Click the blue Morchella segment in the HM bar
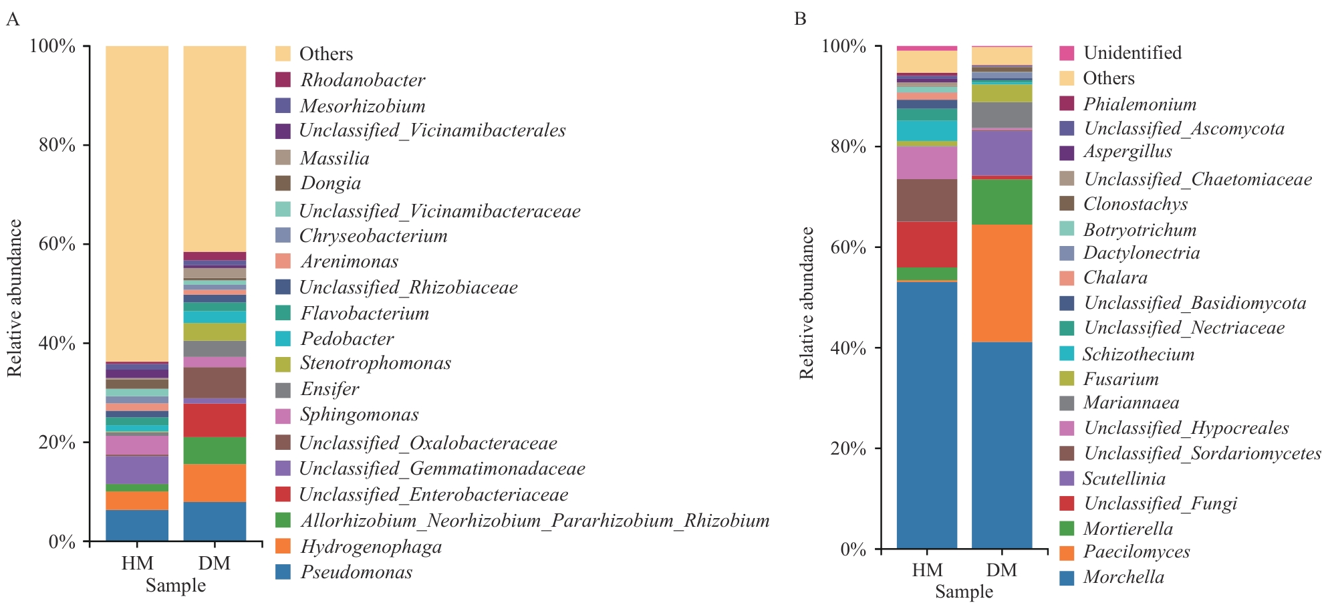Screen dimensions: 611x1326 tap(926, 414)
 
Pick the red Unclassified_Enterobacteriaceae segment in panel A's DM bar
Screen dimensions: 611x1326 tap(215, 420)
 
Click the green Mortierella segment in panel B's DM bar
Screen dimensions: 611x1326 tap(1001, 201)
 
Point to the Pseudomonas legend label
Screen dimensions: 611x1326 tap(356, 572)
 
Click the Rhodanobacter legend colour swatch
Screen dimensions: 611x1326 tap(283, 80)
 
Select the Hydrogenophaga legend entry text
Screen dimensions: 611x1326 tap(371, 547)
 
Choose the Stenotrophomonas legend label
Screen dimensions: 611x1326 tap(376, 363)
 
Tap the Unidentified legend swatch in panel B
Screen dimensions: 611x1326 tap(1067, 53)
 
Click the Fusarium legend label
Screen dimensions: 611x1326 tap(1121, 379)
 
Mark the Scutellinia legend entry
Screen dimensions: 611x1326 tap(1124, 479)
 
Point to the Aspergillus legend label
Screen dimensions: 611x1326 tap(1128, 152)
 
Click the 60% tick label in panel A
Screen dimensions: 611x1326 tap(57, 244)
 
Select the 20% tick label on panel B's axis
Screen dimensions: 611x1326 tap(848, 449)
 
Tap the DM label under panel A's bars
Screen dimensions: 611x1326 tap(214, 563)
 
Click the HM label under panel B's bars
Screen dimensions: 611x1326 tap(927, 570)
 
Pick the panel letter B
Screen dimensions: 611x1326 tap(800, 19)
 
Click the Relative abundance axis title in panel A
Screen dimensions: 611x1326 tap(15, 297)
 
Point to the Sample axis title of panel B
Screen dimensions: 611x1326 tap(964, 592)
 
